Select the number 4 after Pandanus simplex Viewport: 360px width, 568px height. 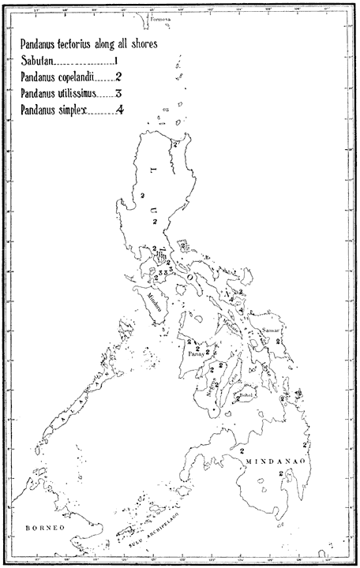119,111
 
